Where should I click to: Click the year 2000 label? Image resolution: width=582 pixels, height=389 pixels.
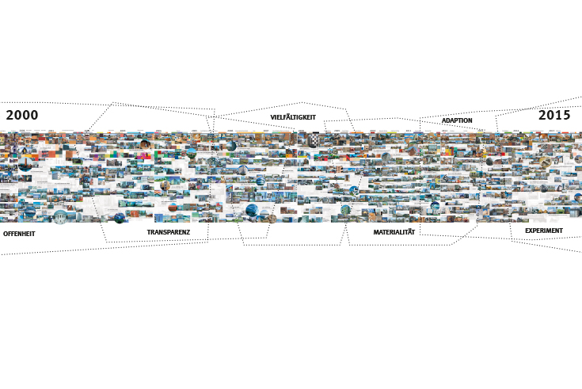pos(21,116)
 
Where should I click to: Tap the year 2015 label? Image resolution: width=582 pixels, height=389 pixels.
pos(554,116)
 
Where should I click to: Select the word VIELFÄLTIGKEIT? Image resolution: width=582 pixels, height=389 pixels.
pos(293,117)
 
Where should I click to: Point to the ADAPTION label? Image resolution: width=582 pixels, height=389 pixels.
pos(457,120)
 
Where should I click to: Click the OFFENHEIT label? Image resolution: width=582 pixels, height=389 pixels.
pos(19,235)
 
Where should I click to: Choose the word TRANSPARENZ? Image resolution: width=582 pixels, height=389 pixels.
pos(168,233)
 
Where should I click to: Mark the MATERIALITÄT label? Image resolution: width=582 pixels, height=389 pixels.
pos(394,233)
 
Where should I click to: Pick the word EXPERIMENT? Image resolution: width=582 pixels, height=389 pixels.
pos(543,231)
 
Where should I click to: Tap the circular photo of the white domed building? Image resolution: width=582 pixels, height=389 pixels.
pos(60,216)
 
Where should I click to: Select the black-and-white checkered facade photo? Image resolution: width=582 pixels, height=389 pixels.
pos(314,139)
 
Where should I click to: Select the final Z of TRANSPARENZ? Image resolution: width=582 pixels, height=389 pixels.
pos(188,233)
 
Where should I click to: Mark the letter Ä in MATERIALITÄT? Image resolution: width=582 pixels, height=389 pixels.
pos(408,233)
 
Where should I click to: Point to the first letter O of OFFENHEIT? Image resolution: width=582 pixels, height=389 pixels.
pos(6,235)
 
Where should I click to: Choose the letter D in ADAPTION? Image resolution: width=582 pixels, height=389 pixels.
pos(448,120)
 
